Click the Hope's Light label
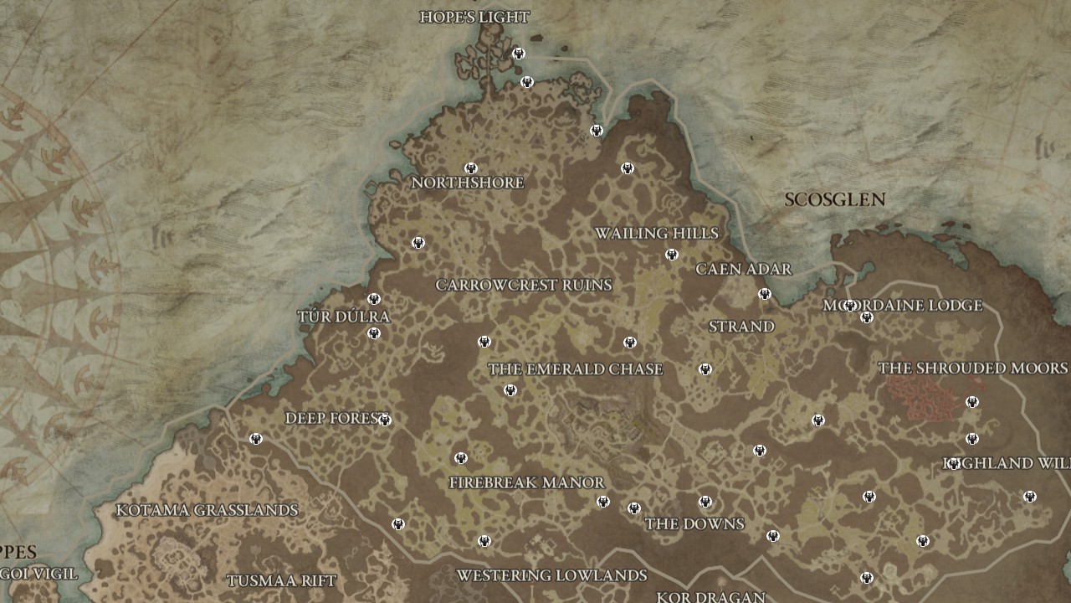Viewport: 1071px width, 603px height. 474,17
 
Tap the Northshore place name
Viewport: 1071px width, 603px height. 468,183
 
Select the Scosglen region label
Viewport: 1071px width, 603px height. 834,199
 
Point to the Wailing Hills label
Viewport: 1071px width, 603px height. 657,233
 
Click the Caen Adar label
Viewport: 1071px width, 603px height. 744,269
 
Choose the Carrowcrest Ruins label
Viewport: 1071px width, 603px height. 524,285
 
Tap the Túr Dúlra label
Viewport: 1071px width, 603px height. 344,317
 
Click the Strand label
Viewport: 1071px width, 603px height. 741,327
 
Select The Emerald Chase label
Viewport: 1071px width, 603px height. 576,369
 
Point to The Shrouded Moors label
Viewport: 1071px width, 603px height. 972,368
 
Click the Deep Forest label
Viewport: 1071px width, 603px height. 334,418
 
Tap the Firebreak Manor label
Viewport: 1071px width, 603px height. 526,482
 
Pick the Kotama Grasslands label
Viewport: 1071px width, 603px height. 207,510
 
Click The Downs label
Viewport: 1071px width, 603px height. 694,524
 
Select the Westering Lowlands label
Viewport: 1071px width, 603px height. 551,575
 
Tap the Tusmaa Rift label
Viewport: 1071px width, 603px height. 281,580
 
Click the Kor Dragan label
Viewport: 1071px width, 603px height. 710,596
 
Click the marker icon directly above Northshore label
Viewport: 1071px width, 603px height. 471,168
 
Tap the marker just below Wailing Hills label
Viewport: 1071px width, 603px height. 671,255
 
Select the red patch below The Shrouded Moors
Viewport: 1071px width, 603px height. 923,397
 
